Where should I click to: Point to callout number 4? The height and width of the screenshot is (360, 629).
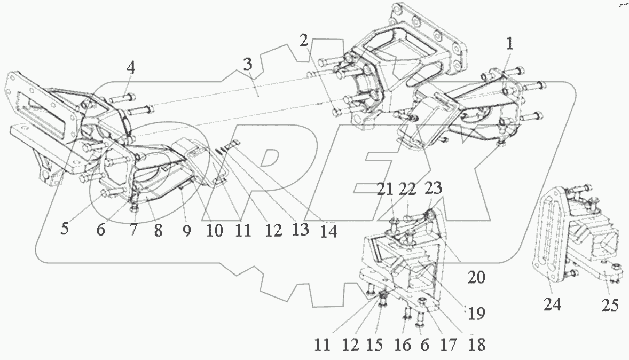pos(131,68)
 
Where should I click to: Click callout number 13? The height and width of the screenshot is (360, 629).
pos(300,230)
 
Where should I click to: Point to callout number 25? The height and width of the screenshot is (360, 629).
pos(610,306)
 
